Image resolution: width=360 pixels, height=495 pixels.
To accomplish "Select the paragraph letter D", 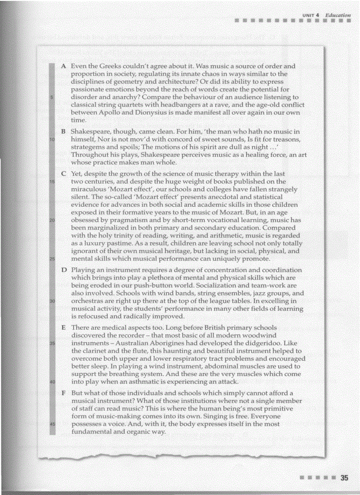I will coord(64,270).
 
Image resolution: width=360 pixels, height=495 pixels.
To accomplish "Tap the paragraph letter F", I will coord(64,392).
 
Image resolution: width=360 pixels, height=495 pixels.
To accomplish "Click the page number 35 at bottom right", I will coord(345,478).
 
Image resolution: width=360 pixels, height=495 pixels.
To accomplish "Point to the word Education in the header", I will coord(338,15).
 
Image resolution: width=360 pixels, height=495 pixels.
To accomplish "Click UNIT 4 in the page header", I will coord(311,15).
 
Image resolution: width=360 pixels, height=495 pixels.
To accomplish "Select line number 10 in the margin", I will coord(52,139).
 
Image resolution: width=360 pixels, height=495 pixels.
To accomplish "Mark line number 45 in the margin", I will coord(52,424).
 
